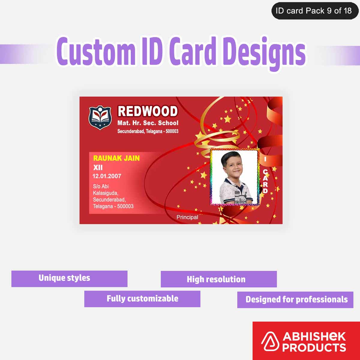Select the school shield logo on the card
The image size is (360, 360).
click(x=100, y=117)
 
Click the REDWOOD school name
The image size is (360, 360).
click(x=148, y=111)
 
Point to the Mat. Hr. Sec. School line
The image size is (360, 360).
click(x=148, y=123)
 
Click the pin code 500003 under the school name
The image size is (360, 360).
click(x=172, y=131)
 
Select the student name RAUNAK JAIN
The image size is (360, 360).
click(x=116, y=158)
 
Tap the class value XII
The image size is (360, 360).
click(x=98, y=167)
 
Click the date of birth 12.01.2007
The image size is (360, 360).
click(x=106, y=176)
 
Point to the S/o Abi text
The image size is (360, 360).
click(x=101, y=186)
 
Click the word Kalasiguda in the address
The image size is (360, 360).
click(x=105, y=193)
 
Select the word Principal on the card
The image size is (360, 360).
click(x=187, y=217)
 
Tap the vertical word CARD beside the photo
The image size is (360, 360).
click(x=265, y=181)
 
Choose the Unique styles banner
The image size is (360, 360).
click(x=69, y=279)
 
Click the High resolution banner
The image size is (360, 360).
click(x=219, y=279)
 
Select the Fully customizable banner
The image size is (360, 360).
click(x=142, y=299)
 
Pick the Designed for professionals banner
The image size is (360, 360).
click(x=295, y=299)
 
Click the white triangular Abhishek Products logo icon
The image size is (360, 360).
click(x=270, y=342)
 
